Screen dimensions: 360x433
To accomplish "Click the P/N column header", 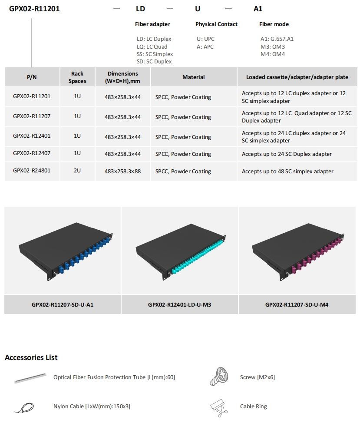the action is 32,77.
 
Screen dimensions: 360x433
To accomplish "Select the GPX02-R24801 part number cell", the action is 32,170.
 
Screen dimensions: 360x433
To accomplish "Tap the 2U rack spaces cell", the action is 77,170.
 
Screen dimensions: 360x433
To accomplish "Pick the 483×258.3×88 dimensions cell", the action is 122,171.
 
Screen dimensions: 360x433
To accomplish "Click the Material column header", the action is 194,77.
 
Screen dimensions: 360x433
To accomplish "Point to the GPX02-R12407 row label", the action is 32,153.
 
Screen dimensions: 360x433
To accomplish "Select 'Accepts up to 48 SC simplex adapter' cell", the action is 287,171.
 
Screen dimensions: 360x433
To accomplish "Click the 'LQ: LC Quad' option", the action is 152,46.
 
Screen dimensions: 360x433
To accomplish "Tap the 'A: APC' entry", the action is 205,46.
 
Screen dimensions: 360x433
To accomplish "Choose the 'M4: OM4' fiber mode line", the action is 273,54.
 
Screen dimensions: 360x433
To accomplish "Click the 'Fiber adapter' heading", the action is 153,24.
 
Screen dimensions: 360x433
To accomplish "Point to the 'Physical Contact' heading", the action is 216,24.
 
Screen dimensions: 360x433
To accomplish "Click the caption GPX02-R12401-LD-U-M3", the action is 179,304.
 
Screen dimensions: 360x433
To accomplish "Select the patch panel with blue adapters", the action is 66,251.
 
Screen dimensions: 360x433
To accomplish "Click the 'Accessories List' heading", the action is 31,357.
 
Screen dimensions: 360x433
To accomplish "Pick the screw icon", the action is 219,376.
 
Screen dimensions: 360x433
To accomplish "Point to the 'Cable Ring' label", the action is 254,406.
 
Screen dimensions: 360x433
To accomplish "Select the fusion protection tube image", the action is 30,378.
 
